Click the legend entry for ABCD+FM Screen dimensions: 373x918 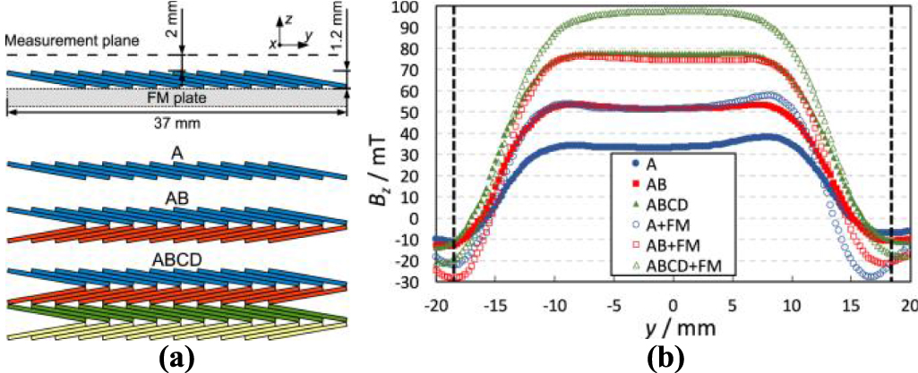(x=676, y=265)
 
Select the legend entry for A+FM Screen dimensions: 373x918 (x=667, y=225)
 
